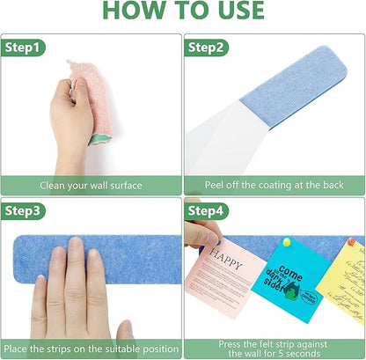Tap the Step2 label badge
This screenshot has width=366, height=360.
[x=207, y=47]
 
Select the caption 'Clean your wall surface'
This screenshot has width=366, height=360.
[x=91, y=186]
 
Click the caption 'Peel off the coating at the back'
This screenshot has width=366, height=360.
[x=274, y=186]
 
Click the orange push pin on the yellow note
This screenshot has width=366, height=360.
[x=351, y=241]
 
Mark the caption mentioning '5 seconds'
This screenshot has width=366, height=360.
[x=274, y=349]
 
